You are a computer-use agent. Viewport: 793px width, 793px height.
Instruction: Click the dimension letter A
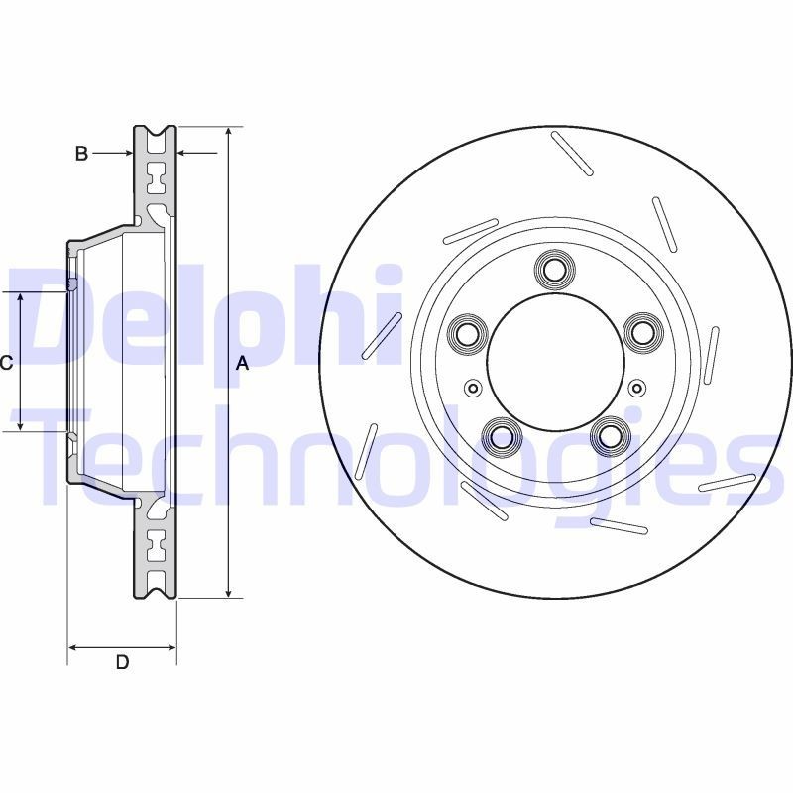tap(242, 364)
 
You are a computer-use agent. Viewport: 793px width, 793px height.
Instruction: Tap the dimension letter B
tap(82, 153)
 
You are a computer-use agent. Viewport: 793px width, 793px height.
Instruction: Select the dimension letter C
tap(6, 363)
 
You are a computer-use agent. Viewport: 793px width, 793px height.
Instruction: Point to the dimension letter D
tap(122, 662)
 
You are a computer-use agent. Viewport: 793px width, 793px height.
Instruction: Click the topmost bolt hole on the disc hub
tap(553, 269)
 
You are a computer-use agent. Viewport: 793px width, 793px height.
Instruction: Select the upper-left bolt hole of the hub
tap(466, 332)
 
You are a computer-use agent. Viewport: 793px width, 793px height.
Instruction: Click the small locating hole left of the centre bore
tap(472, 388)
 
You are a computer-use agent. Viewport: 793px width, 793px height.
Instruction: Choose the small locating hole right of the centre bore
tap(635, 388)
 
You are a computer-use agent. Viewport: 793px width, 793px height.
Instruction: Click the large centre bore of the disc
tap(553, 362)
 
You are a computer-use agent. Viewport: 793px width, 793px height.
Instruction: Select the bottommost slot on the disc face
tap(619, 525)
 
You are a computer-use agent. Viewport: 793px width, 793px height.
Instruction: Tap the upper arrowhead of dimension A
tap(229, 133)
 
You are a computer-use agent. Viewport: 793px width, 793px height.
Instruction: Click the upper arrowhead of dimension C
tap(21, 298)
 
